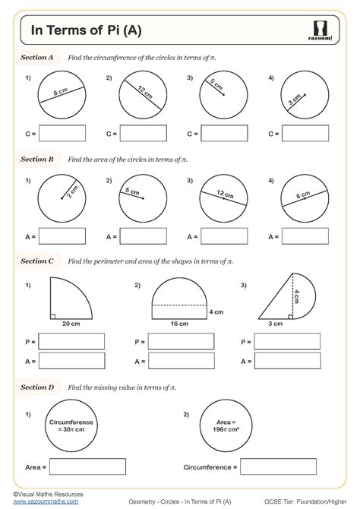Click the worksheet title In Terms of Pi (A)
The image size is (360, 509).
click(x=85, y=31)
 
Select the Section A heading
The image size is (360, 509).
click(x=36, y=57)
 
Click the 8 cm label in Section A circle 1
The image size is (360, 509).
click(x=62, y=95)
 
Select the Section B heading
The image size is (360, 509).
click(x=36, y=160)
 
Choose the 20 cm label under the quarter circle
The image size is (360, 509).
click(x=71, y=324)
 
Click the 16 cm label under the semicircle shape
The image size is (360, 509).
click(x=178, y=324)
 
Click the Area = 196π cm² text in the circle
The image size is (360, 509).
click(x=225, y=424)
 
